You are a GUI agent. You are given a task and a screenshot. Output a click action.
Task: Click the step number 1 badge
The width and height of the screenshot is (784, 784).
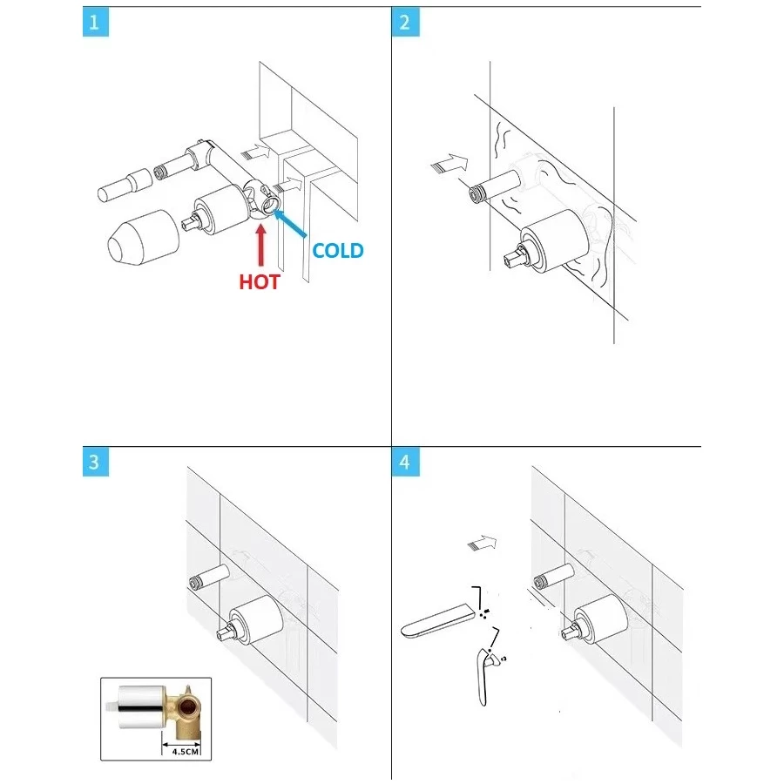click(x=95, y=23)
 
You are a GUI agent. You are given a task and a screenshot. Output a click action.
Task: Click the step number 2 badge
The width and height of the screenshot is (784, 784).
click(x=405, y=23)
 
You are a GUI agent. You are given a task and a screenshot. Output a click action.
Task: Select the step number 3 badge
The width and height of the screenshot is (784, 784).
click(x=95, y=462)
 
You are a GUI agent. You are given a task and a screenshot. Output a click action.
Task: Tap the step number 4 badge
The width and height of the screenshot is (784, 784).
click(x=405, y=462)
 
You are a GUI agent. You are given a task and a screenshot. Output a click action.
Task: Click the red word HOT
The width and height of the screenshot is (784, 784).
click(x=259, y=282)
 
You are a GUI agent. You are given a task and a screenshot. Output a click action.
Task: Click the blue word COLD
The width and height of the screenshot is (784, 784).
click(x=337, y=251)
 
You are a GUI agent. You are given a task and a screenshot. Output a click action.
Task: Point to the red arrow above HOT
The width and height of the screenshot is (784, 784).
click(x=260, y=246)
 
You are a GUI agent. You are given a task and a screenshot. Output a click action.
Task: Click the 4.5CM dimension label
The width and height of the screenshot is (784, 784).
click(x=185, y=752)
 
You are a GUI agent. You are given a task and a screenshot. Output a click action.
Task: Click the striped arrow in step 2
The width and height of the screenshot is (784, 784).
click(x=449, y=164)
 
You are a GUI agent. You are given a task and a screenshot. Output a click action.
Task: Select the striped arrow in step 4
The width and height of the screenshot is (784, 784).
click(x=482, y=544)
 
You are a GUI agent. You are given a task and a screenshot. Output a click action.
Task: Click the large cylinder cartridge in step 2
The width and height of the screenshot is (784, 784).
click(x=550, y=241)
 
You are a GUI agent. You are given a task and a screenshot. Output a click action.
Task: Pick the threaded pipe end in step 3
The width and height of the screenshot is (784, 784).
click(x=195, y=582)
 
